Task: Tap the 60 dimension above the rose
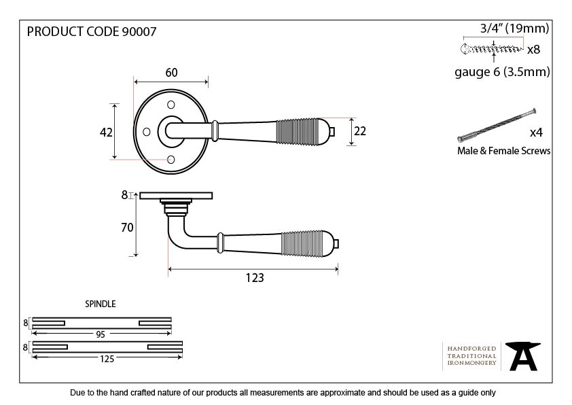tap(171, 73)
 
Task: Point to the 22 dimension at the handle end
tap(359, 131)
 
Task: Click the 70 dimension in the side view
tap(126, 228)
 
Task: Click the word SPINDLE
tap(101, 304)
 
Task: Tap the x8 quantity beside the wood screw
tap(533, 50)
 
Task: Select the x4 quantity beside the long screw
tap(536, 132)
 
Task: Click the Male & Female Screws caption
tap(503, 151)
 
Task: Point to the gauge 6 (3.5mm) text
tap(502, 72)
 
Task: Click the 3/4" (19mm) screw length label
tap(514, 29)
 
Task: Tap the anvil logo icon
tap(523, 355)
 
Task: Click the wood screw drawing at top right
tap(490, 48)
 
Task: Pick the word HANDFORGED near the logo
tap(472, 348)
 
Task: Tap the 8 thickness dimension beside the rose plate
tap(124, 194)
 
